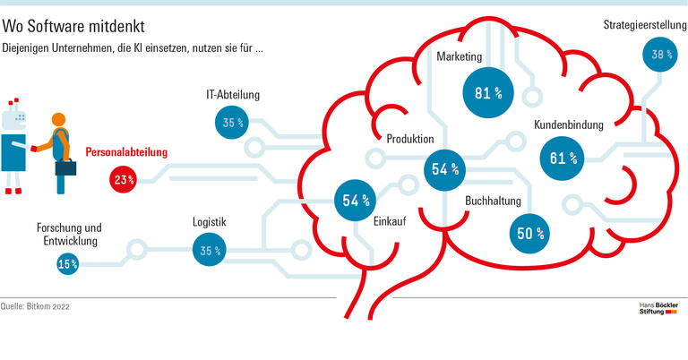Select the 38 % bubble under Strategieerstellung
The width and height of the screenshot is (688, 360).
pyautogui.click(x=661, y=55)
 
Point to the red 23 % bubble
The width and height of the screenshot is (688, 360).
pyautogui.click(x=124, y=180)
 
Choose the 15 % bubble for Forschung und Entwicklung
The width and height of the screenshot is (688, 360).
pyautogui.click(x=67, y=263)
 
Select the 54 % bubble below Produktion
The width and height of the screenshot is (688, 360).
pyautogui.click(x=444, y=168)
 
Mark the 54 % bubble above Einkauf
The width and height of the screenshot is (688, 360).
pyautogui.click(x=350, y=200)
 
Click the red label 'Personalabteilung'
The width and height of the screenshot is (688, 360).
pyautogui.click(x=126, y=153)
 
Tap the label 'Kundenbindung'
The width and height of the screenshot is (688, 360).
pyautogui.click(x=569, y=125)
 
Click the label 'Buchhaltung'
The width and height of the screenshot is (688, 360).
pyautogui.click(x=493, y=201)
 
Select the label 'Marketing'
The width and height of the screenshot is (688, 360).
pyautogui.click(x=460, y=56)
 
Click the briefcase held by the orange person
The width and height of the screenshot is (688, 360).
pyautogui.click(x=65, y=167)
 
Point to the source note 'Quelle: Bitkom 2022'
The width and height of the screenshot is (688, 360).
pyautogui.click(x=36, y=306)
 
